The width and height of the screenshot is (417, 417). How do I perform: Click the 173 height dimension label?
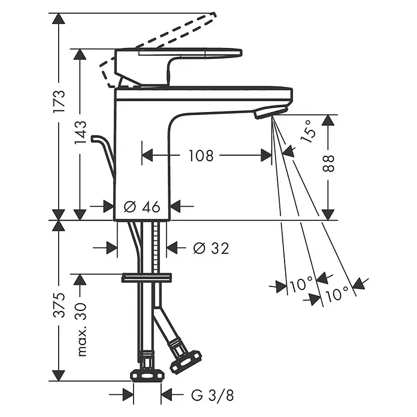[59, 101]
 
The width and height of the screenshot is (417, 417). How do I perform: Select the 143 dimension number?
[80, 132]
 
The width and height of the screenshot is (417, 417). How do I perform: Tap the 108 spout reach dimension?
[201, 156]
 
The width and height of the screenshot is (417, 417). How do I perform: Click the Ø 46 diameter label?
[142, 207]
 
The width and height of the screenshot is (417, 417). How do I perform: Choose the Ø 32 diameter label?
[211, 249]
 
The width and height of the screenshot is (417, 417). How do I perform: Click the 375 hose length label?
[59, 305]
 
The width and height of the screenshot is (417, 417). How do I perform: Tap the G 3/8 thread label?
[213, 395]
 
